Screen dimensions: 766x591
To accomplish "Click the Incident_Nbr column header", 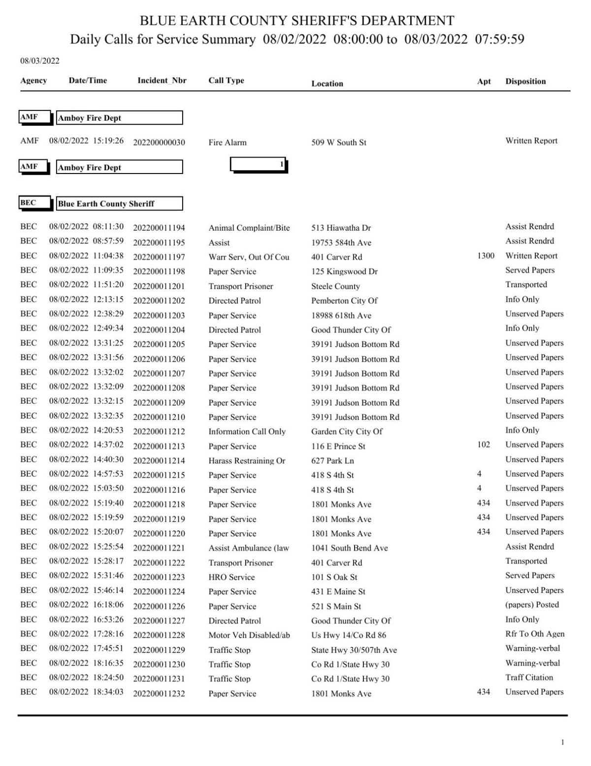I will tap(162, 80).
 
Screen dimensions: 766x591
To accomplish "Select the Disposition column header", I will tap(525, 81).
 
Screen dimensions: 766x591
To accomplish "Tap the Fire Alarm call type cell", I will tap(227, 142).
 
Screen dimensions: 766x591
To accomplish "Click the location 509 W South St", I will tap(338, 142).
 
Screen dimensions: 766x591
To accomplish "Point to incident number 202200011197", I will tap(159, 257).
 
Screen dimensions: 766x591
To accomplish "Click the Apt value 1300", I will tap(486, 255).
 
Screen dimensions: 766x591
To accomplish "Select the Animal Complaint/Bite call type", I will tap(249, 228).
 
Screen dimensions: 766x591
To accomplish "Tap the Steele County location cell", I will tap(335, 286).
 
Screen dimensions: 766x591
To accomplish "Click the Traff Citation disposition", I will tap(529, 677).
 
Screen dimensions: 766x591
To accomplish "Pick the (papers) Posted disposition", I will tap(532, 604).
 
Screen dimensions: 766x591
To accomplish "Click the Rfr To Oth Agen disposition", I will tap(534, 633).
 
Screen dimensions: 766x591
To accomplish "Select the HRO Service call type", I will tap(231, 577).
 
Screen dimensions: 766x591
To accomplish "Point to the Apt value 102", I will tap(484, 444).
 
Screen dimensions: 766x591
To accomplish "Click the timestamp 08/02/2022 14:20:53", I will tap(86, 430).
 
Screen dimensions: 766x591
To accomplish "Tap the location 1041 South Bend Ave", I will tap(349, 548).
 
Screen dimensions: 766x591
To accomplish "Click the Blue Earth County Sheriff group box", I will tap(119, 204).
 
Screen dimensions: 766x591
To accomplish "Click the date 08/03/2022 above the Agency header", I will tap(39, 61).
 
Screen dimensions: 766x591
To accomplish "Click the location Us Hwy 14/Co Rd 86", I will tap(348, 635).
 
